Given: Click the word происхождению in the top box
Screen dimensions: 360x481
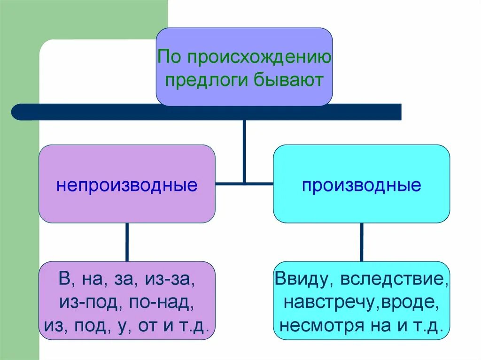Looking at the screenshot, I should pyautogui.click(x=260, y=58).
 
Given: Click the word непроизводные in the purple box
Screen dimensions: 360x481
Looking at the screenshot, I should pyautogui.click(x=127, y=184).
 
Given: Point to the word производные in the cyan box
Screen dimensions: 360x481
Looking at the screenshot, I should pyautogui.click(x=361, y=184).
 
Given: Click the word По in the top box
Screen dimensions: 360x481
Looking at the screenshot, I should pyautogui.click(x=170, y=58).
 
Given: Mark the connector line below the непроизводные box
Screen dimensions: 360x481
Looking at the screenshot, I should pyautogui.click(x=126, y=242).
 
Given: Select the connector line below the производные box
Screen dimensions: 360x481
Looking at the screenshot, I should pyautogui.click(x=361, y=242).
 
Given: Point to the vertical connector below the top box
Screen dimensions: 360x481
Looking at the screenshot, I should pyautogui.click(x=244, y=150).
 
